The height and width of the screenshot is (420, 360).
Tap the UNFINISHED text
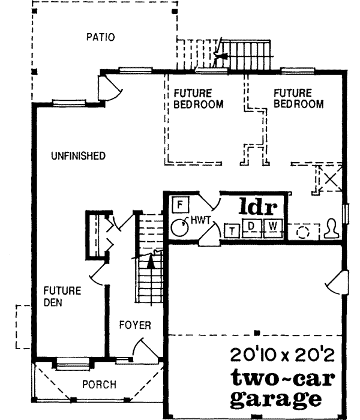[78, 156]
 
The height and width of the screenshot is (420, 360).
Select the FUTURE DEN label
[62, 296]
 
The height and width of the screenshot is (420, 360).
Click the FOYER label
[134, 326]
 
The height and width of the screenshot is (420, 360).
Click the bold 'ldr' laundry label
[258, 208]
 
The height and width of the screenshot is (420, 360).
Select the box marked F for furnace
[180, 204]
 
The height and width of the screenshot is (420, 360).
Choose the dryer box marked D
[252, 226]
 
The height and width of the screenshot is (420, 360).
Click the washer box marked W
[272, 226]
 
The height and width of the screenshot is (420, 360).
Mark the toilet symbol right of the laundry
[331, 229]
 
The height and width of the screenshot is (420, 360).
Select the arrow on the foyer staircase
[150, 260]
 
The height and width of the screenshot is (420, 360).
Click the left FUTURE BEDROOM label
[199, 99]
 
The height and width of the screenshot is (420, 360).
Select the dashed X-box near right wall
[329, 179]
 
